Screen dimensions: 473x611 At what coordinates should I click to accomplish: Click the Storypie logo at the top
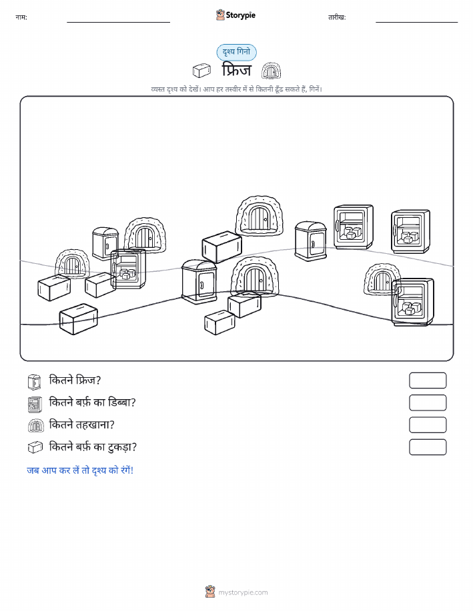coord(235,15)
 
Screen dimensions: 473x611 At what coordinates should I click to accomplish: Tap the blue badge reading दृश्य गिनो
coord(236,52)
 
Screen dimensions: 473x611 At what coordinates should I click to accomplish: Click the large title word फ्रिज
coord(236,71)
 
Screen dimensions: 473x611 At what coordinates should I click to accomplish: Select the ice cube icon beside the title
coord(201,71)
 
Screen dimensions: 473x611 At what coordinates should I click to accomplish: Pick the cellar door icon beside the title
coord(272,71)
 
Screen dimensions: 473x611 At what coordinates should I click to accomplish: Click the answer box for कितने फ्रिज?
coord(428,380)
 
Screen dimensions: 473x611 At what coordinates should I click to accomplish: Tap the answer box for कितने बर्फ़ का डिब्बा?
coord(428,403)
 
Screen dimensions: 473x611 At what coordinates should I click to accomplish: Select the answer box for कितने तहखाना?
coord(428,425)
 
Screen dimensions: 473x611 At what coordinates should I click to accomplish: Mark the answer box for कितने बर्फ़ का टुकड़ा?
coord(428,447)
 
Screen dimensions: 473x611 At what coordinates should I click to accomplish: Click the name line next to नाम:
coord(119,22)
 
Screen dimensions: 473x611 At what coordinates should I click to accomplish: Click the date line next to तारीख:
coord(416,22)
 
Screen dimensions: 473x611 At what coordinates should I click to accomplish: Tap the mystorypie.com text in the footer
coord(243,593)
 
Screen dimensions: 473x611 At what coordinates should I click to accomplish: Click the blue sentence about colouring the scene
coord(80,470)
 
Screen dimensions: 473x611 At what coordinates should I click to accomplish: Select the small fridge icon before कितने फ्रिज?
coord(34,382)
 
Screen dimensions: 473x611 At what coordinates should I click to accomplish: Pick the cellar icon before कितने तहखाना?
coord(35,426)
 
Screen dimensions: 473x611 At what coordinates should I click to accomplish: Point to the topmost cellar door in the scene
coord(259,216)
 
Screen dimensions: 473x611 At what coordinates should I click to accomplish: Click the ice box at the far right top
coord(410,232)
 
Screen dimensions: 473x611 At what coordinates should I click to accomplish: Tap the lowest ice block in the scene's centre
coord(219,322)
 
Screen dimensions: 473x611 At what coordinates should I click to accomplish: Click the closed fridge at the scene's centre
coord(199,282)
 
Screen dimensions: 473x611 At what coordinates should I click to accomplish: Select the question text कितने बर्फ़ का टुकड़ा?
coord(93,447)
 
